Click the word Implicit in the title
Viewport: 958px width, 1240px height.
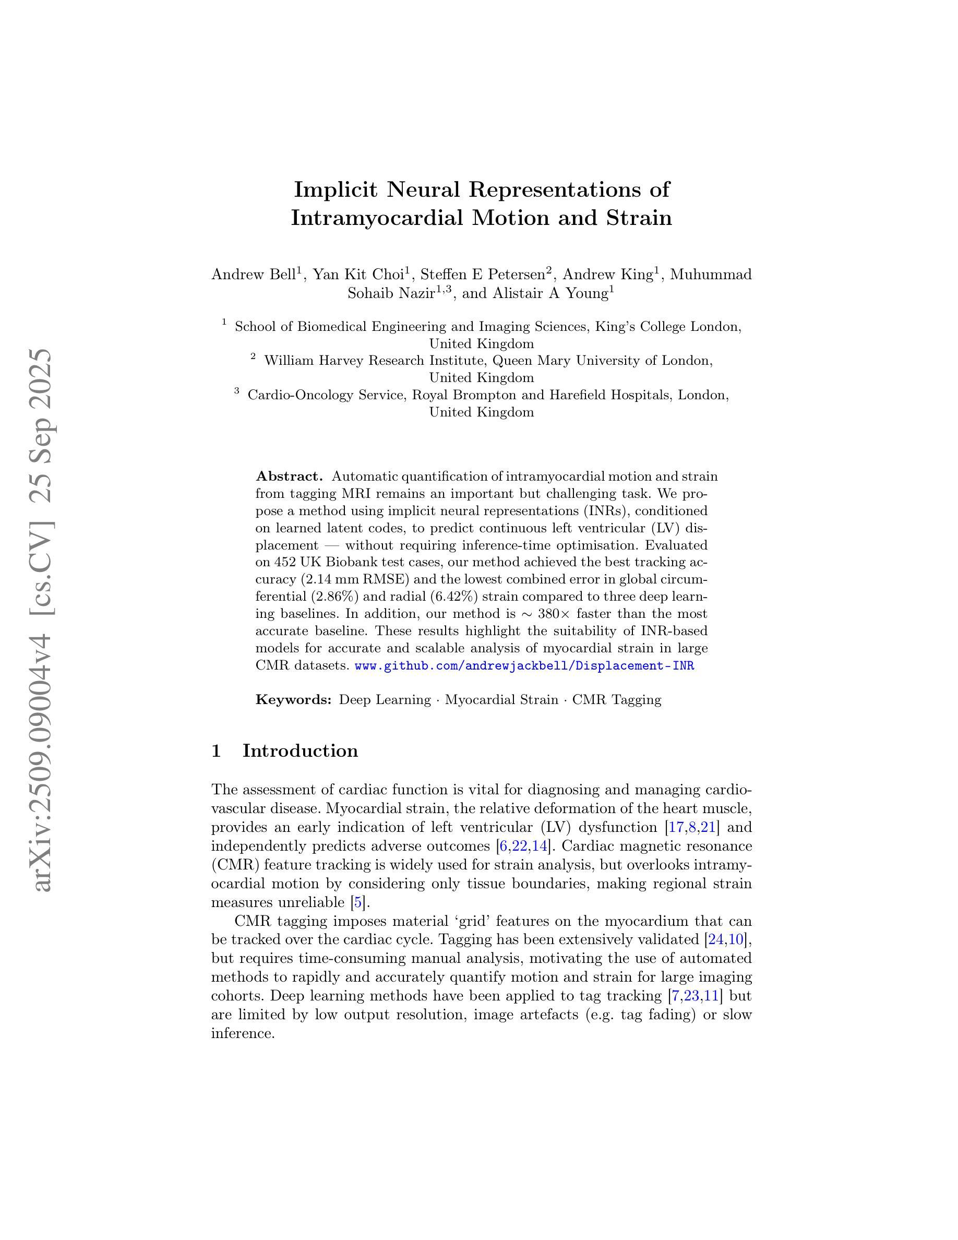point(336,189)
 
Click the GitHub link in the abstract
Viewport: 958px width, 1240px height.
point(524,665)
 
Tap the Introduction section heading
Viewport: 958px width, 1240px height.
point(300,751)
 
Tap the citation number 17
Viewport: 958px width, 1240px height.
point(676,827)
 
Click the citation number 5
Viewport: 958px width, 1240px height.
point(356,902)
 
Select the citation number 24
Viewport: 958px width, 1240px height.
point(716,939)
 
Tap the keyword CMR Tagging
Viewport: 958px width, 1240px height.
point(616,699)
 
